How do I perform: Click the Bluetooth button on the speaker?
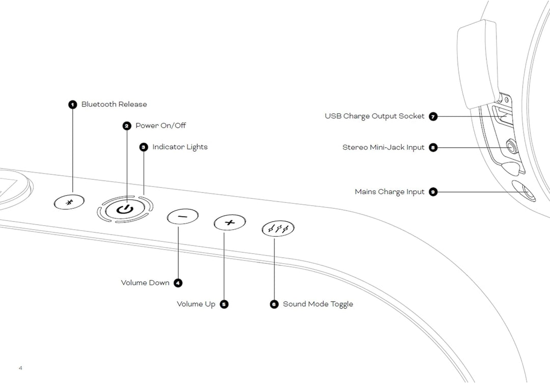[x=69, y=202]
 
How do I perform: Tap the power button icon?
[x=125, y=209]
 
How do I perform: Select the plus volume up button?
[x=230, y=223]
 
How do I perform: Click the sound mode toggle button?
[x=278, y=229]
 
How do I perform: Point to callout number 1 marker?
[x=73, y=104]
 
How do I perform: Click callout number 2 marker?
[x=127, y=126]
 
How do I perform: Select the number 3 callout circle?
[x=144, y=147]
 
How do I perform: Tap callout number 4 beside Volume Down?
[x=178, y=283]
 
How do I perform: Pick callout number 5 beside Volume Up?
[x=224, y=304]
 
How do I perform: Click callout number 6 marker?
[x=274, y=304]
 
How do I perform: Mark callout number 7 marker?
[x=433, y=116]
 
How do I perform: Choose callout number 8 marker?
[x=433, y=148]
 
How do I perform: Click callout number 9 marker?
[x=433, y=192]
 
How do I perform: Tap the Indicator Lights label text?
[x=180, y=147]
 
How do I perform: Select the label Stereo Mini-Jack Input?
[x=383, y=148]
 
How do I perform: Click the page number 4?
[x=20, y=368]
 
